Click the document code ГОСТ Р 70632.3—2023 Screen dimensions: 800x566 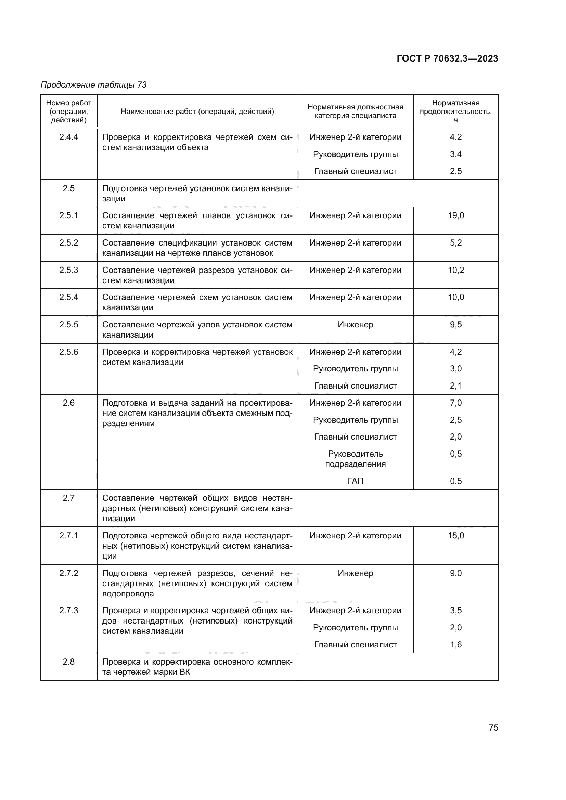[447, 58]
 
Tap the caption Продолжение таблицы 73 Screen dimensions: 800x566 [93, 85]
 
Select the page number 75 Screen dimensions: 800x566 [493, 727]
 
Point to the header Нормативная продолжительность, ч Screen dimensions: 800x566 [455, 111]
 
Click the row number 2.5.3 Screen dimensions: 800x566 [69, 270]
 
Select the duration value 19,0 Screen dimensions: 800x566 [456, 215]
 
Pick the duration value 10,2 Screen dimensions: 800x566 [456, 270]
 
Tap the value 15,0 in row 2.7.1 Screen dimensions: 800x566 [456, 536]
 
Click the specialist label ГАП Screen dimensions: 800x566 [355, 481]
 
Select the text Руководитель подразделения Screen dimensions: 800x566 [355, 459]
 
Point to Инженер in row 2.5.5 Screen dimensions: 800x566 [355, 324]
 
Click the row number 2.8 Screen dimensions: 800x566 [69, 662]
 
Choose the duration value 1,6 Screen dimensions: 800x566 [456, 645]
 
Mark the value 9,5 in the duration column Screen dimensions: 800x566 [456, 324]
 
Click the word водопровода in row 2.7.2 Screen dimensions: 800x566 [128, 594]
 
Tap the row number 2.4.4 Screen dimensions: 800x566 [69, 137]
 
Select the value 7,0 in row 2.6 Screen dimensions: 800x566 [456, 403]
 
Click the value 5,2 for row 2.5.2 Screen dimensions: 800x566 [456, 242]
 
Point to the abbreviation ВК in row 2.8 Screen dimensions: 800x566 [185, 672]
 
